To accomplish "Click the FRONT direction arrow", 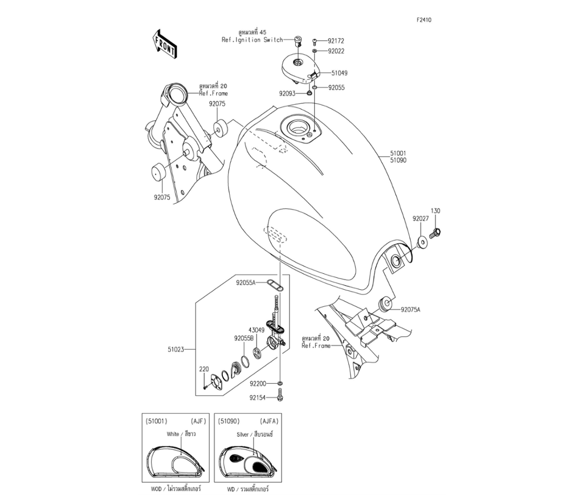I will click(x=164, y=46).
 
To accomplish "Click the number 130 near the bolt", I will click(x=435, y=211).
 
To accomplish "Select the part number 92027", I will click(x=421, y=218).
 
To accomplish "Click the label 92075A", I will click(x=410, y=310).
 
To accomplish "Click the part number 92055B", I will click(x=244, y=338).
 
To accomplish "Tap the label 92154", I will click(x=258, y=397).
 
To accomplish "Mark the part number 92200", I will click(x=258, y=385).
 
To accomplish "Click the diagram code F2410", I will click(x=424, y=19).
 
